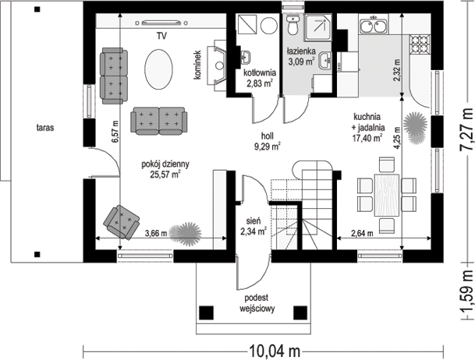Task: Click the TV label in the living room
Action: tap(161, 36)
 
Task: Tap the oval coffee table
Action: tap(159, 69)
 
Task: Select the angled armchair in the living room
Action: tap(121, 222)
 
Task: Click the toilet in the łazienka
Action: tap(292, 26)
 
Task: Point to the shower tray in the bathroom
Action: tap(318, 27)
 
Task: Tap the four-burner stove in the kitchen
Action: tap(420, 44)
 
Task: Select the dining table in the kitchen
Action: tap(387, 195)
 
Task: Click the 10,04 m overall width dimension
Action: tap(275, 351)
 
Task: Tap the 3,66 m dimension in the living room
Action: tap(156, 233)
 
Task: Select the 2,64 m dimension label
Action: tap(362, 233)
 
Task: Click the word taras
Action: tap(45, 128)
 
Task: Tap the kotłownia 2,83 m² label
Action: tap(260, 78)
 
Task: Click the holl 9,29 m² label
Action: tap(268, 141)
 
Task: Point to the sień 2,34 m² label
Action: tap(253, 226)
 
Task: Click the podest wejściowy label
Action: tap(257, 303)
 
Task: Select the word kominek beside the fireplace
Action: tap(198, 65)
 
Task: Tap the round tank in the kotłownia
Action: tap(269, 25)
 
